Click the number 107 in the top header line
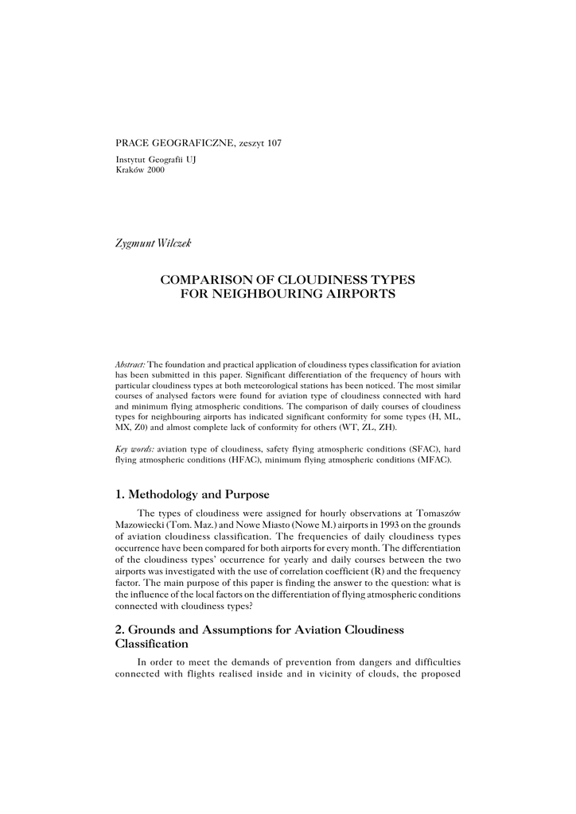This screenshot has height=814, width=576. pyautogui.click(x=273, y=143)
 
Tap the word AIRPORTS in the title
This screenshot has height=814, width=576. pyautogui.click(x=359, y=294)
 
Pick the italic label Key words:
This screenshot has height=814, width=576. pyautogui.click(x=135, y=450)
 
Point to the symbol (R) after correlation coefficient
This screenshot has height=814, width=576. pyautogui.click(x=378, y=571)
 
